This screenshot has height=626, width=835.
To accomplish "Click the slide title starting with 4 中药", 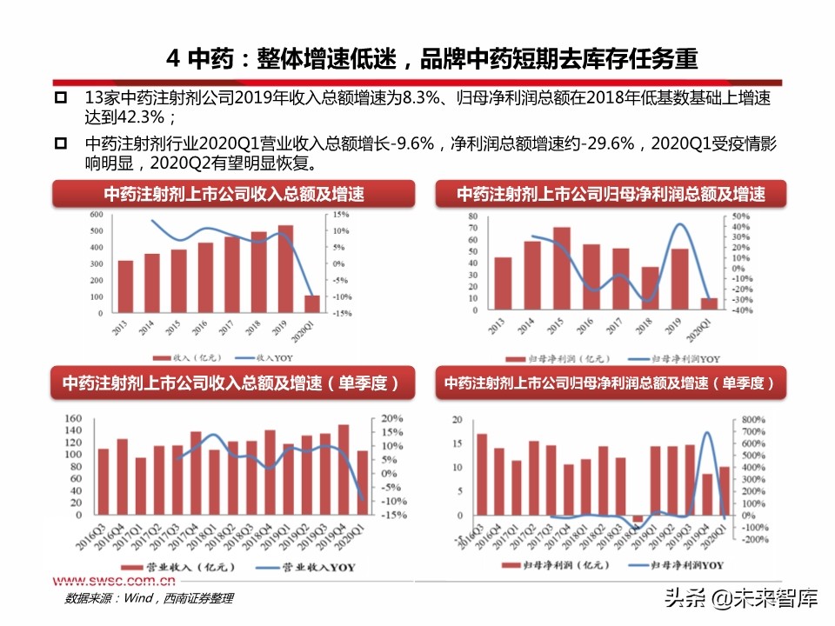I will pyautogui.click(x=432, y=59).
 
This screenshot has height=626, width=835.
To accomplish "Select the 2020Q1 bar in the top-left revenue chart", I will pyautogui.click(x=312, y=303).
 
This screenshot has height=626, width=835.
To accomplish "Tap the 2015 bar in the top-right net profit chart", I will pyautogui.click(x=562, y=269).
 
